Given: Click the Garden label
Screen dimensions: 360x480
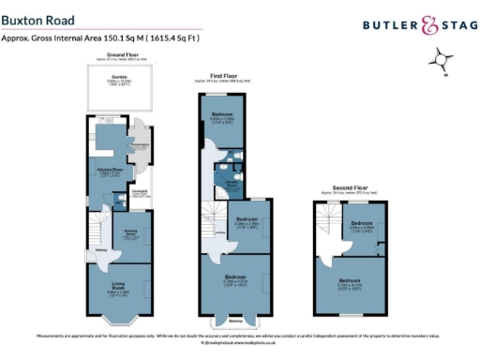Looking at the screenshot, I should point(119,77).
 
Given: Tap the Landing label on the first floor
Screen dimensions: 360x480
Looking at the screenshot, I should point(218,231).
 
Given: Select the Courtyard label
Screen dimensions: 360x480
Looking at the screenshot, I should point(140,191).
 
